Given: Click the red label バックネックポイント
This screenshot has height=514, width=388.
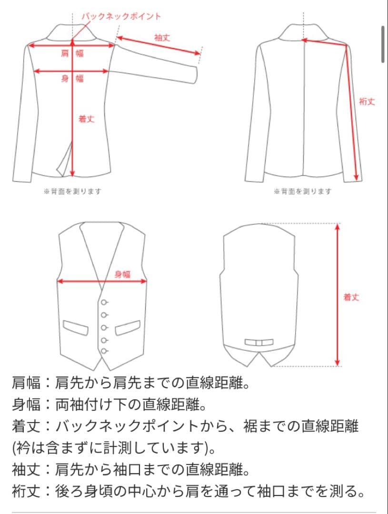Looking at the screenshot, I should coord(121,16).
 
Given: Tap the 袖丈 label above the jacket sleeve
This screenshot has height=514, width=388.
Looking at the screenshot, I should coord(162,37).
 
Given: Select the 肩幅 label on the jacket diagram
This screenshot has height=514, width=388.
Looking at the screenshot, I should coord(72,53).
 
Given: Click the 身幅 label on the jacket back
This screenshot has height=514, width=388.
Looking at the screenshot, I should coord(72,79).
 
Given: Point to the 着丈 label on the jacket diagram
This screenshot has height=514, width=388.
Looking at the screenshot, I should coord(86,119).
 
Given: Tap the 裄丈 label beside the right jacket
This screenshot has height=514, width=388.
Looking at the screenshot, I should coord(367,101).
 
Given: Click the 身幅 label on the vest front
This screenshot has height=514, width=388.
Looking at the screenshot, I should coord(122,274).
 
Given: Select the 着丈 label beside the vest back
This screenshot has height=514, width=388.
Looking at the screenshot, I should coord(351,297).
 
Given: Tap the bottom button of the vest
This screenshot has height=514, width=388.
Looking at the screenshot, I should coord(103,351).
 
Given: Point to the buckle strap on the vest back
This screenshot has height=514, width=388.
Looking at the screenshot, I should coord(259,342).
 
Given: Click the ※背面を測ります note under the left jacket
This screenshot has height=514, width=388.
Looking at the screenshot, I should coord(72,191).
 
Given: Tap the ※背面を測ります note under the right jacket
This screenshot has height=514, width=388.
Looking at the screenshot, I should coord(303,191).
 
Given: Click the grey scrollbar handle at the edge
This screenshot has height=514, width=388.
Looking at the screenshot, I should coord(383,44).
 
